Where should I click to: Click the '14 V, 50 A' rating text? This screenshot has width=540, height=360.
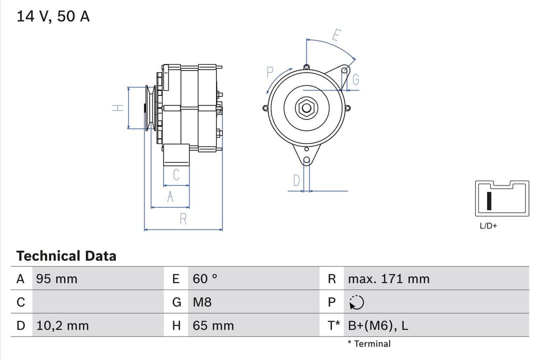coord(53,16)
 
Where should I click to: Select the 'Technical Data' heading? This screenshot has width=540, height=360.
coord(66,256)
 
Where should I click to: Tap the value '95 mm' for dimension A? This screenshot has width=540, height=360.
coord(56,279)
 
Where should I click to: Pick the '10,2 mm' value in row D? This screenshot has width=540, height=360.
coord(62,325)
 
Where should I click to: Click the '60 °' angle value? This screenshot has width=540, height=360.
coord(205,279)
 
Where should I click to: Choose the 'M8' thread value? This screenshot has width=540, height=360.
coord(202,302)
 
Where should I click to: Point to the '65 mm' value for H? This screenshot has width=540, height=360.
coord(213,325)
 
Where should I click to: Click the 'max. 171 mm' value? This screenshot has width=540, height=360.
coord(388,279)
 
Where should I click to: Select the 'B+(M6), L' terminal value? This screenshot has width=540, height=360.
coord(377,325)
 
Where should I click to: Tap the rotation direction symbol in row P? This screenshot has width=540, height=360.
coord(356,302)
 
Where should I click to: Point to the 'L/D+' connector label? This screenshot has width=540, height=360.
coord(488,226)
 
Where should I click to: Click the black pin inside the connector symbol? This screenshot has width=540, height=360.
coord(489,200)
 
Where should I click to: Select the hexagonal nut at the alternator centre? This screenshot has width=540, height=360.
coord(305,107)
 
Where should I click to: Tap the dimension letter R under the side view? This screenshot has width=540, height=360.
coord(183,219)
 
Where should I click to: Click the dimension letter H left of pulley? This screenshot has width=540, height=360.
coord(117,107)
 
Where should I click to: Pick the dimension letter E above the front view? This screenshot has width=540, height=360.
coord(336,35)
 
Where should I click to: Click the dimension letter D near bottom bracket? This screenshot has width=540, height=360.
coord(296,180)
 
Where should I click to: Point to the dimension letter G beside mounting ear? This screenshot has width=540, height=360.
coord(355,79)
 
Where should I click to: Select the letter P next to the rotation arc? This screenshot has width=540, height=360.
coord(270,72)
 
